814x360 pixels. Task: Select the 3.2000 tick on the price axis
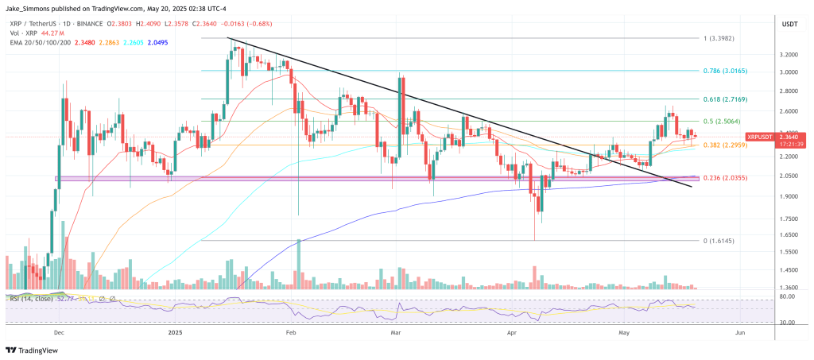pyautogui.click(x=789, y=55)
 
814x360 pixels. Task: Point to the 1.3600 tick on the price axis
pyautogui.click(x=789, y=288)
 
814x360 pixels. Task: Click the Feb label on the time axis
pyautogui.click(x=291, y=334)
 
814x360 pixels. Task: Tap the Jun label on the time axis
pyautogui.click(x=741, y=334)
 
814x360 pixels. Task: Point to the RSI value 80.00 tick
pyautogui.click(x=789, y=297)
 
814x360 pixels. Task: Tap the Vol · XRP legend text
pyautogui.click(x=22, y=33)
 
